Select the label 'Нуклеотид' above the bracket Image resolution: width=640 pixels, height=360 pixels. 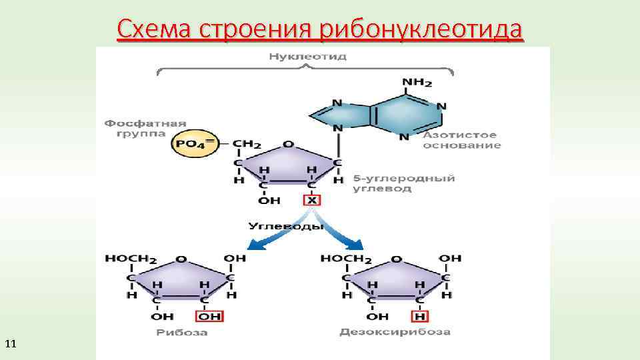(307, 57)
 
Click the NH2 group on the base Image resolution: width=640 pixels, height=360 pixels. (417, 83)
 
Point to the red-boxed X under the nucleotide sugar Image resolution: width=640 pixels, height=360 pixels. (311, 200)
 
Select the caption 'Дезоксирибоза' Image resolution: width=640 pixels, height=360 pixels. (395, 332)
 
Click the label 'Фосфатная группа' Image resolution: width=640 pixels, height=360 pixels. (145, 128)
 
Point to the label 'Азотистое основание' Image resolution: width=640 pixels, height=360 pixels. (461, 140)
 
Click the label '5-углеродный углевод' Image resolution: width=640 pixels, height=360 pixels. (403, 183)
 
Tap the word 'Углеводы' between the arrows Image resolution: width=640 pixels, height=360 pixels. (286, 226)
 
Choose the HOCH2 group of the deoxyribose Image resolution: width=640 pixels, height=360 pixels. (346, 259)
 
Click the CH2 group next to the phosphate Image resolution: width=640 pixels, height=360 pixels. (247, 144)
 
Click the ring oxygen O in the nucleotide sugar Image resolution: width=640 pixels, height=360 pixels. (288, 144)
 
